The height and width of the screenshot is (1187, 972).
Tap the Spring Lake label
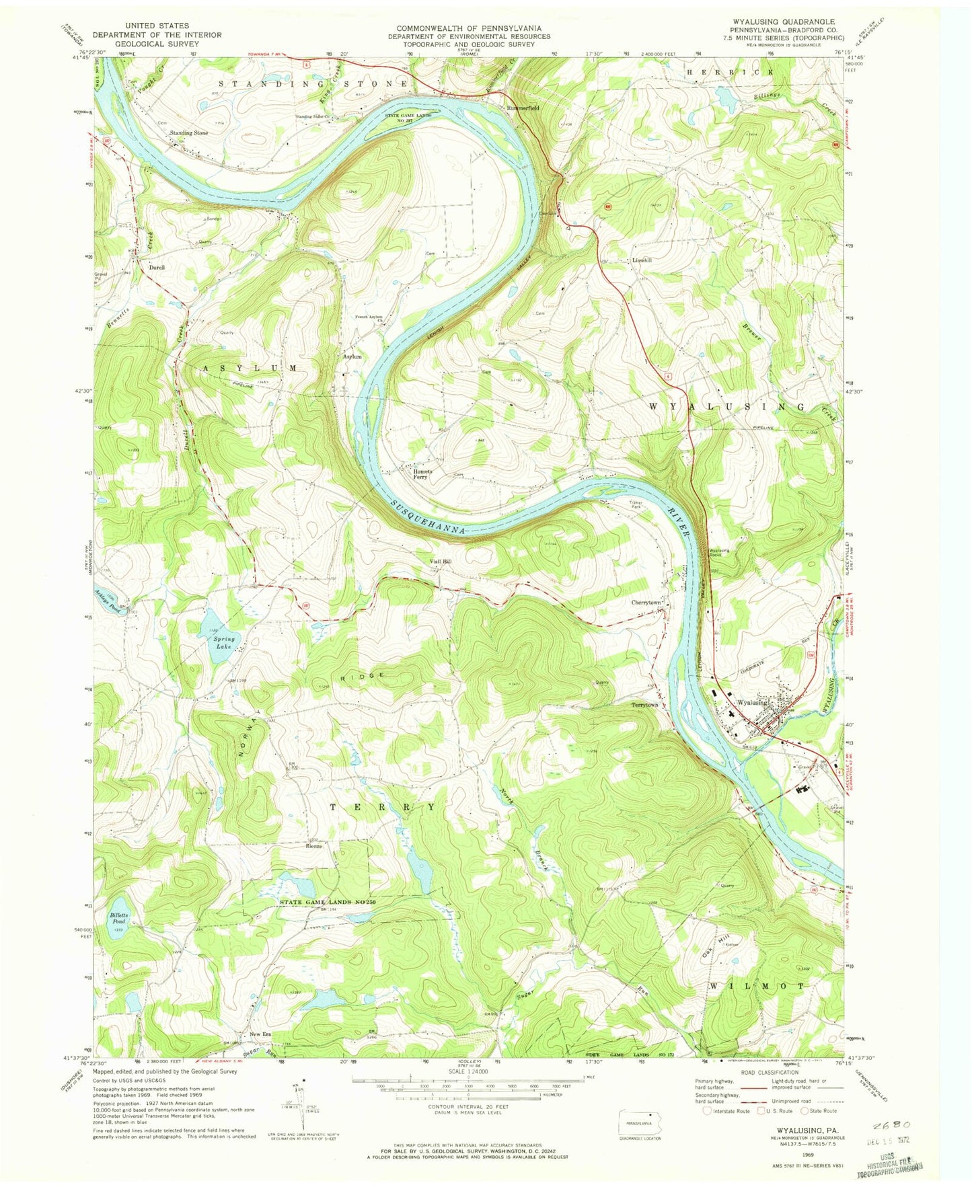[224, 642]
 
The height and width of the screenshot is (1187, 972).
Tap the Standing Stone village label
[189, 133]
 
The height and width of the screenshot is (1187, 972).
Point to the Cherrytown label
[646, 603]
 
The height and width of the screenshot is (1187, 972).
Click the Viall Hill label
[441, 561]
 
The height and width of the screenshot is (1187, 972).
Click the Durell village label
[156, 267]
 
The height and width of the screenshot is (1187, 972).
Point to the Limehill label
[642, 260]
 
